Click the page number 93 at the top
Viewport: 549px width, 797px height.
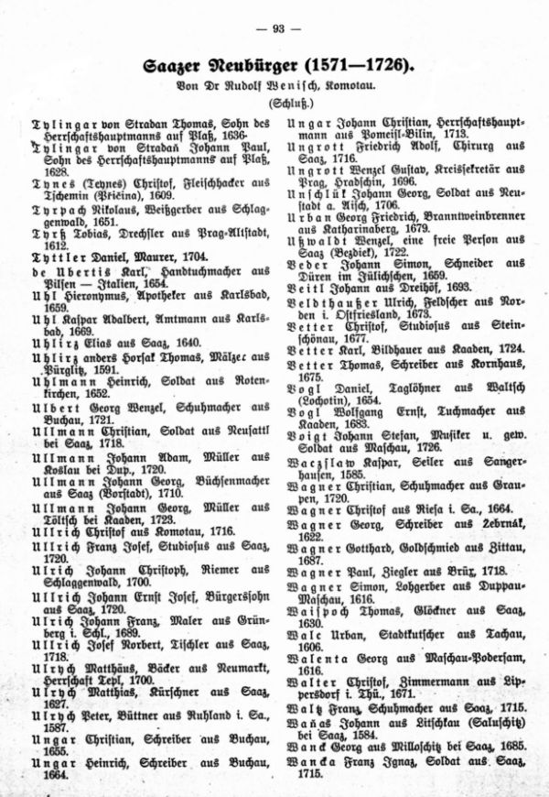pos(274,28)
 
